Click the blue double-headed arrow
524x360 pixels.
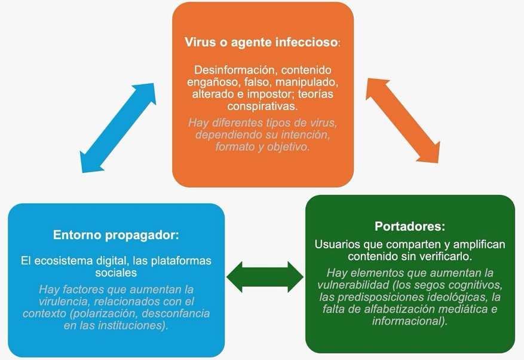click(118, 128)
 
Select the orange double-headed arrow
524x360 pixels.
click(403, 120)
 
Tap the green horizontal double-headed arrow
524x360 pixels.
click(265, 277)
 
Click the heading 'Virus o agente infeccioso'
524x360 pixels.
click(261, 42)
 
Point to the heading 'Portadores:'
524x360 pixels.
click(410, 227)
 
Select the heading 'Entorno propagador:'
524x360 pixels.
click(116, 235)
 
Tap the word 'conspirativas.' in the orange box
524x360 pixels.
click(263, 106)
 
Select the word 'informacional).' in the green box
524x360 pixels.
click(410, 321)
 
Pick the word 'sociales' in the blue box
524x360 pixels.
click(116, 273)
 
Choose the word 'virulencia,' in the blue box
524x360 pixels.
click(65, 301)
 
